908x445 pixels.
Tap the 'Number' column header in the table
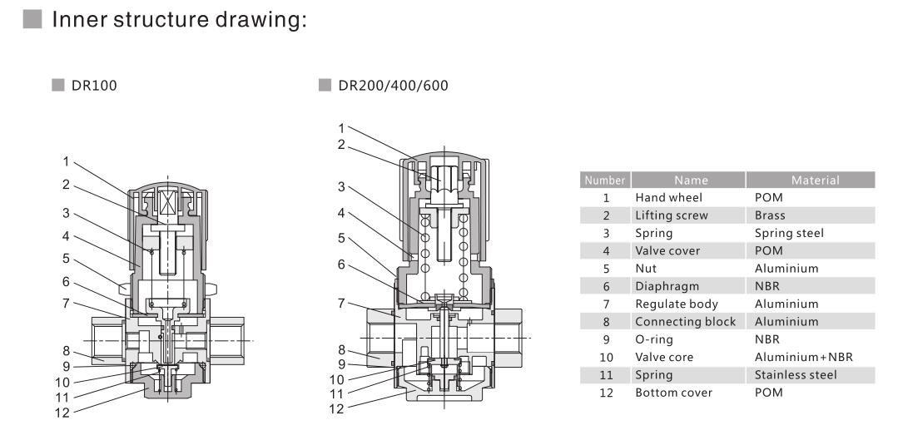point(605,180)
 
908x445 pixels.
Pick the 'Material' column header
point(810,180)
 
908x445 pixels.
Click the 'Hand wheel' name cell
point(667,198)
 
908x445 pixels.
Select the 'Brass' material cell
point(770,215)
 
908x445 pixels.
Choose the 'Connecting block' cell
point(685,321)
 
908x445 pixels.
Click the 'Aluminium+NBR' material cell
point(798,357)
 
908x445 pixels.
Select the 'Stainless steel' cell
point(796,375)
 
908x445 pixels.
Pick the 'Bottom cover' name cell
point(673,393)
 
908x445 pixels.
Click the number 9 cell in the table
point(605,339)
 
